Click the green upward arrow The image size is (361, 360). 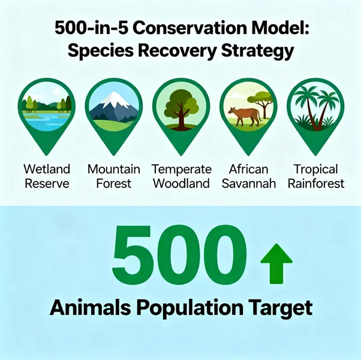pos(276,264)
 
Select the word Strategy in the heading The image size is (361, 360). pos(257,51)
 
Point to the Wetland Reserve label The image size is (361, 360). pos(47,176)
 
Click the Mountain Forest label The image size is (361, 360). pos(114,176)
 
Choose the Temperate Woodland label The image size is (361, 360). pos(182,176)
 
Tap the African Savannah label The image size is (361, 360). pos(249,176)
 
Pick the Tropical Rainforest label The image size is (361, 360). pos(316,176)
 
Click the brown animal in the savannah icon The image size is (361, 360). pos(244,116)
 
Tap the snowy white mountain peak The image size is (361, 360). pos(115,99)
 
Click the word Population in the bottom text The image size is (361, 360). pos(190,308)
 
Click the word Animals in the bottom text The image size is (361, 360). pos(90,307)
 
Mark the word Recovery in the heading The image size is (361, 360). pos(178,51)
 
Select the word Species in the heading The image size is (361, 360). pos(101,51)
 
